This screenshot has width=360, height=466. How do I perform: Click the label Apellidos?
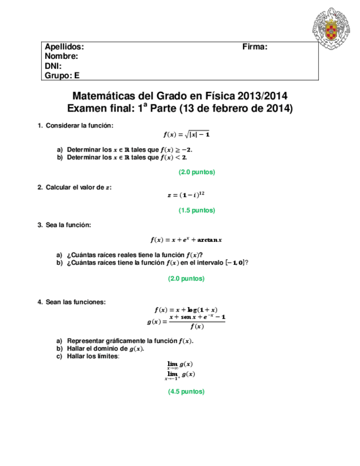coord(64,47)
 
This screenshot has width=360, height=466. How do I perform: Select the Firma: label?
coord(254,47)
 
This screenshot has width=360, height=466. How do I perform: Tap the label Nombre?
coord(61,57)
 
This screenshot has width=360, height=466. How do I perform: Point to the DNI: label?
coord(53,66)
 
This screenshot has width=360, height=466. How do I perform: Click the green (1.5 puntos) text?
coord(196,210)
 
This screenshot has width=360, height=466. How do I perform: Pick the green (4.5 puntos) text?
coord(186,392)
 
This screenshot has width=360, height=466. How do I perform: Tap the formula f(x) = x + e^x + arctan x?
coord(186,240)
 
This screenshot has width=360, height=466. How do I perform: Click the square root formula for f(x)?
coord(186,134)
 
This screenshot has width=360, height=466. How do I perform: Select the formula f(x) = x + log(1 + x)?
coord(186,309)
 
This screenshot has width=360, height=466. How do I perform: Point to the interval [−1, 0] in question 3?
coord(235,263)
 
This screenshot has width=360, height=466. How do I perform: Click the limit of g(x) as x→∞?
coord(180,365)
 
